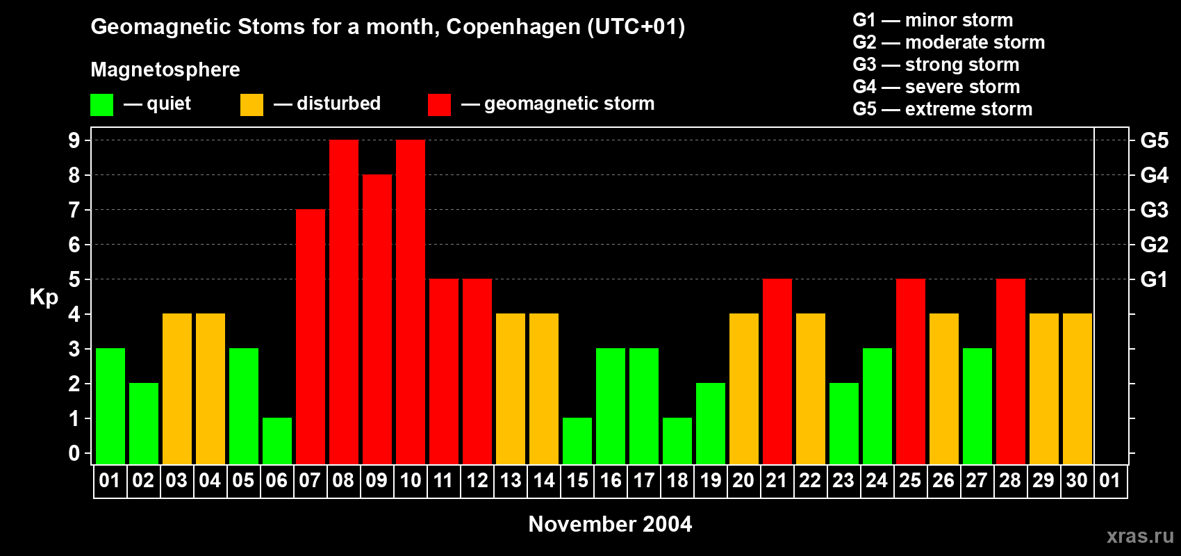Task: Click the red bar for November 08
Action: point(344,302)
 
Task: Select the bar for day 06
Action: point(277,441)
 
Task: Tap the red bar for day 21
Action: point(777,371)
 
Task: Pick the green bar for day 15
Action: point(577,441)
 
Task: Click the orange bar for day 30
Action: point(1077,389)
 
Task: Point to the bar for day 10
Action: point(411,302)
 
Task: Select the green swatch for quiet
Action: point(102,105)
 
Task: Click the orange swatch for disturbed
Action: point(251,105)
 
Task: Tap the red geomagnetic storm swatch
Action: point(439,105)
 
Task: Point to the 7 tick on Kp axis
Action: point(74,210)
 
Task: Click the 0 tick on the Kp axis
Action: point(74,453)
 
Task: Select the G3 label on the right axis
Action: point(1154,210)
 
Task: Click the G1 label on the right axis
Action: point(1154,279)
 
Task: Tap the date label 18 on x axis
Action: point(677,481)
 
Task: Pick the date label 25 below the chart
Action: point(910,481)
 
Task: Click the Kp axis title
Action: point(44,297)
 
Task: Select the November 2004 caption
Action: point(610,524)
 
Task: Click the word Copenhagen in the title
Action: point(513,27)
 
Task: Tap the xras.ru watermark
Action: point(1140,536)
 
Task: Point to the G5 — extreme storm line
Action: point(942,109)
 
